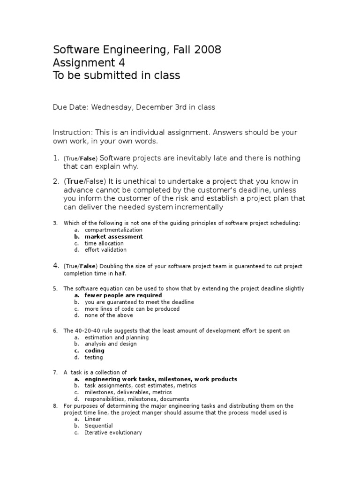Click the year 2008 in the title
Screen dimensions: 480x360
(x=207, y=50)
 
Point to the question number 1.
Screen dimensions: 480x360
(x=55, y=158)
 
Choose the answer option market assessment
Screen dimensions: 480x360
(x=113, y=237)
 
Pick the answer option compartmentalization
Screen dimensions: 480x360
(x=113, y=230)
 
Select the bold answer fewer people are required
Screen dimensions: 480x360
(x=123, y=296)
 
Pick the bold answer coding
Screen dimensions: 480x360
(x=94, y=351)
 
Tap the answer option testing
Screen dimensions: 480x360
(x=93, y=357)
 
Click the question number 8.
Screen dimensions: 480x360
(x=55, y=406)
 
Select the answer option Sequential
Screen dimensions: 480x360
(x=98, y=426)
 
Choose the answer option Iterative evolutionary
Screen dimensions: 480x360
(x=113, y=433)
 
